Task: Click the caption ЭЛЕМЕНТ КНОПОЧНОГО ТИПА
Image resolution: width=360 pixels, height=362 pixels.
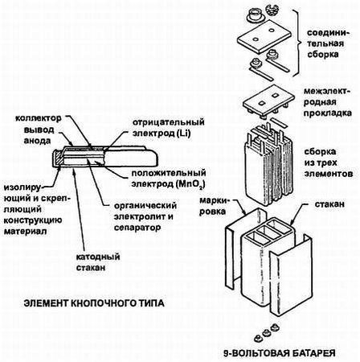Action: coord(94,303)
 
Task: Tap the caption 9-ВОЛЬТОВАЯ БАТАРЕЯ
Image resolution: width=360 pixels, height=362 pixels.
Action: coord(280,353)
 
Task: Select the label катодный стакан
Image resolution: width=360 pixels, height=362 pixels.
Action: coord(98,262)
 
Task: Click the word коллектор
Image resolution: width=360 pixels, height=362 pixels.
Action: coord(39,118)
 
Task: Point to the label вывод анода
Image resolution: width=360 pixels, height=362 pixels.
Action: coord(39,135)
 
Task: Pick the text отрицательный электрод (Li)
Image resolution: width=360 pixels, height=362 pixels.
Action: coord(169,128)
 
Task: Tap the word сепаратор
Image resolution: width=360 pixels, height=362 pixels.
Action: coord(137,228)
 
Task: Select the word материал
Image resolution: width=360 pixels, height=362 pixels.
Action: coord(25,231)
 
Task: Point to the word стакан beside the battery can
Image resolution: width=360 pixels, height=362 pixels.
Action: coord(329,204)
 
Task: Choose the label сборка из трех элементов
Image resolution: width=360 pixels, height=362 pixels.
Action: coord(329,162)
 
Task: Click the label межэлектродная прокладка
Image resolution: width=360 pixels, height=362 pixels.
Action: coord(327,102)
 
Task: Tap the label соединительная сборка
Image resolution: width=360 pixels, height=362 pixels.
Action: coord(328,43)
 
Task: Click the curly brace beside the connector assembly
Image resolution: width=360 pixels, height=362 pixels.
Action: coord(296,43)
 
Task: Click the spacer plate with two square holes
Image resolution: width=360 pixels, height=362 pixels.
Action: coord(268,101)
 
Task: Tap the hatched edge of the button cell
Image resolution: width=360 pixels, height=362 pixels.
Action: coord(58,158)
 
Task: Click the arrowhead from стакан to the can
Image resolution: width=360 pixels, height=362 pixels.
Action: coord(292,222)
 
